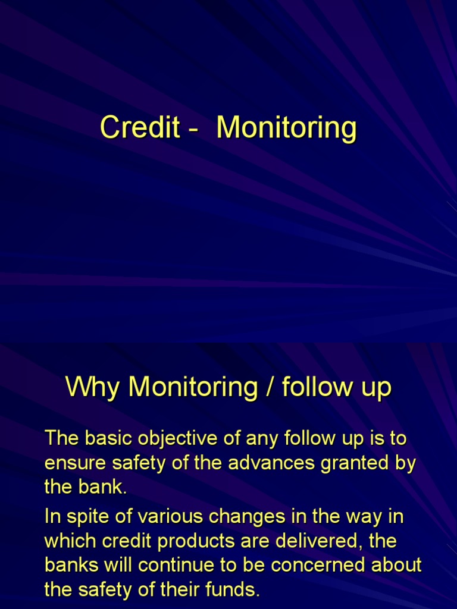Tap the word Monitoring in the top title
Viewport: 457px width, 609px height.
pos(287,128)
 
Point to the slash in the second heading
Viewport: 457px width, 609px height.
pos(269,388)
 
